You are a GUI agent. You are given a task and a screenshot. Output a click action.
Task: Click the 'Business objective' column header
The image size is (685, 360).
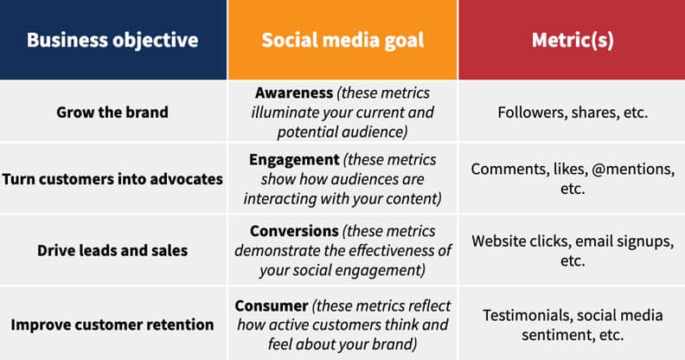click(112, 40)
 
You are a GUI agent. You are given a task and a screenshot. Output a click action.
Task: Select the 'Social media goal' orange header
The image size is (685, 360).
click(342, 40)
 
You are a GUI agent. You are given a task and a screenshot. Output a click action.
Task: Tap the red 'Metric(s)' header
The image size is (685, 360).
click(572, 40)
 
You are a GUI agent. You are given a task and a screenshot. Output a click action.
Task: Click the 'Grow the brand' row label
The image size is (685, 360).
click(112, 112)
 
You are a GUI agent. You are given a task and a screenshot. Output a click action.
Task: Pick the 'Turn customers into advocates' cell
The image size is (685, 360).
click(112, 179)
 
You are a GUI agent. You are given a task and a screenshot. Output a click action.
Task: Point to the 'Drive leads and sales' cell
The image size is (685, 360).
click(112, 251)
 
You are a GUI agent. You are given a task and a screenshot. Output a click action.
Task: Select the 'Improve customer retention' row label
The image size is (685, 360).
click(112, 325)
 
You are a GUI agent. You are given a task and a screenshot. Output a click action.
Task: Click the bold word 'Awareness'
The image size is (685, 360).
click(293, 93)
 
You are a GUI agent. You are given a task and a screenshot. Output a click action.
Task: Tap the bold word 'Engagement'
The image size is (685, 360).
click(293, 160)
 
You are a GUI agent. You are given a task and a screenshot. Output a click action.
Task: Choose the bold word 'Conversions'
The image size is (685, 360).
click(294, 232)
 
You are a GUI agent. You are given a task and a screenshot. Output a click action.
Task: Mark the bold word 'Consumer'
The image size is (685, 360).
click(272, 305)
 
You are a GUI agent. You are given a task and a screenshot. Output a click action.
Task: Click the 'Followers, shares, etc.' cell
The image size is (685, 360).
click(572, 112)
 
